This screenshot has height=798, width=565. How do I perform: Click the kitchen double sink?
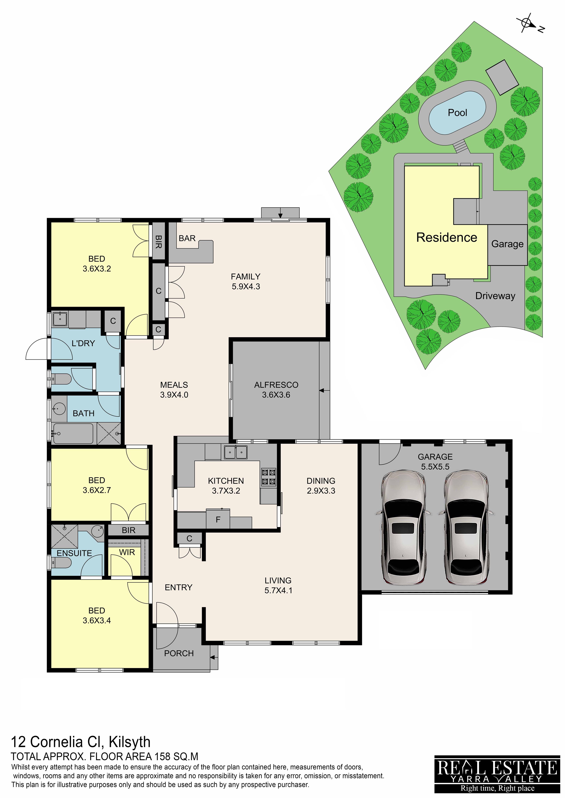[x=235, y=452]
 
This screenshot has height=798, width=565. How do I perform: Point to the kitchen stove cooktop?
[x=269, y=477]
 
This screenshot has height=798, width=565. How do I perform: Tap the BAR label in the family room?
[x=187, y=238]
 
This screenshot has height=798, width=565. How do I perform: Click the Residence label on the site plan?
[x=447, y=237]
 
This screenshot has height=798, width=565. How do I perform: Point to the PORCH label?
[x=179, y=653]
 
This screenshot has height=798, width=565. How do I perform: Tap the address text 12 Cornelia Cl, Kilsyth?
[x=81, y=742]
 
